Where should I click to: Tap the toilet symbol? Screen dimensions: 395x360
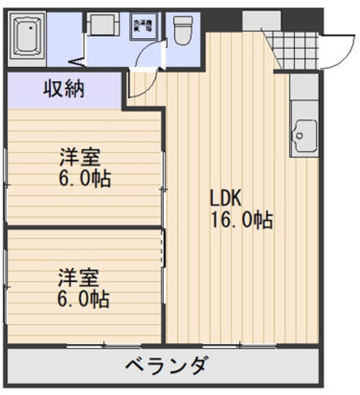coord(184,30)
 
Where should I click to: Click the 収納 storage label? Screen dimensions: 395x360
coord(64,90)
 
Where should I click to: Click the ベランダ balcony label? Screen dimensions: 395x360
coord(167,366)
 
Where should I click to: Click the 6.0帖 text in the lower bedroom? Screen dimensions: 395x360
coord(83,298)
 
